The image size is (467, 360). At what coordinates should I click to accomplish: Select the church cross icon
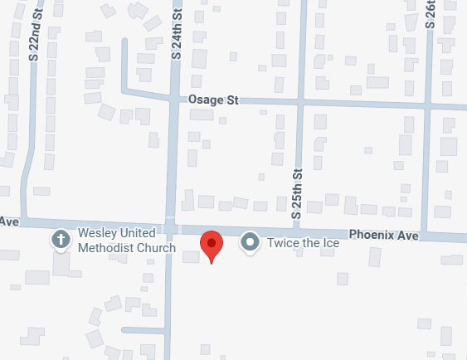click(61, 241)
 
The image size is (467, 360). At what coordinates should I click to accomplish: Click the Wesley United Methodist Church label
click(127, 241)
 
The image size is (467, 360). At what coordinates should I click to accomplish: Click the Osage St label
click(212, 100)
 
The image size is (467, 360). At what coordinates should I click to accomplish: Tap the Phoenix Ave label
click(383, 235)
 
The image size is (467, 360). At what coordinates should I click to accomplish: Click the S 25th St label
click(295, 193)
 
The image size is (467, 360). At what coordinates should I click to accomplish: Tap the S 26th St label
click(430, 15)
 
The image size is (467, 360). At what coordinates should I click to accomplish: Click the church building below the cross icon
click(61, 265)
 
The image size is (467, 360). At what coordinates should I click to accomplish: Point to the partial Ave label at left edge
click(9, 221)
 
